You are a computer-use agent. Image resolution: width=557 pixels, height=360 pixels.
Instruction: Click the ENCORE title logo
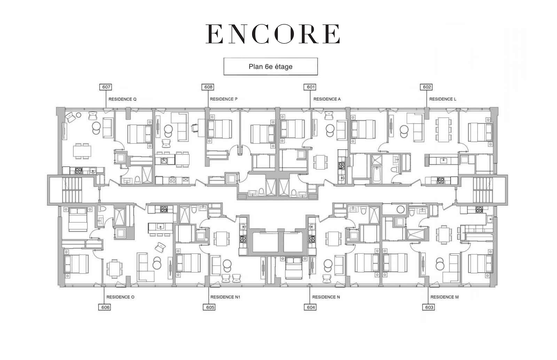[x=273, y=34]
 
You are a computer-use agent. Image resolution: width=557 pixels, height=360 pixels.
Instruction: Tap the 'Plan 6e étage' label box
[x=270, y=66]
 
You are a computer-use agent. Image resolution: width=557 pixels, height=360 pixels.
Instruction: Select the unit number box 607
[x=106, y=87]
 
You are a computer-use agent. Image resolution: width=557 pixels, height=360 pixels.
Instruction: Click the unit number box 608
[x=208, y=87]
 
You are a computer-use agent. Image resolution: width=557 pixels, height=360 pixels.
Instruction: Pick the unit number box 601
[x=310, y=87]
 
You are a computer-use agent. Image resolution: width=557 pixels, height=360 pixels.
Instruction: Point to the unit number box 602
[x=426, y=87]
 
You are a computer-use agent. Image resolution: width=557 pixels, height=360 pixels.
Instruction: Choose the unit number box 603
[x=429, y=307]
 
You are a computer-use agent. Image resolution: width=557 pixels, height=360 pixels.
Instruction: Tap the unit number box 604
[x=310, y=307]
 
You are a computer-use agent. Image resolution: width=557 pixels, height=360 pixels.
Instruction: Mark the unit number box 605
[x=209, y=307]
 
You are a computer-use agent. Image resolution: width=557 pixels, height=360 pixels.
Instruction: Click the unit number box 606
[x=105, y=307]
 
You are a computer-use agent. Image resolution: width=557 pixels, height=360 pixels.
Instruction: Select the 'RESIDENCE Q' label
[x=122, y=99]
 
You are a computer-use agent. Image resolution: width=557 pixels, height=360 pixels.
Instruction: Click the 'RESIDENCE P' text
[x=223, y=99]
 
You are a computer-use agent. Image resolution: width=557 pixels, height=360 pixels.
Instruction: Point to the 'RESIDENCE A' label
[x=327, y=99]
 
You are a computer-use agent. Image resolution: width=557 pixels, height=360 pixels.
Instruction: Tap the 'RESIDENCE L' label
[x=442, y=99]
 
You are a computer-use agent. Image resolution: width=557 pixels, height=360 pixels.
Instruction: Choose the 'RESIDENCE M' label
[x=444, y=297]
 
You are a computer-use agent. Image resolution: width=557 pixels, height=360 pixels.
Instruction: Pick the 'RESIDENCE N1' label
[x=225, y=297]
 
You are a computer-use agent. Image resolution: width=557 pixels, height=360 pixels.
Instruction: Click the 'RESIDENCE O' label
[x=120, y=297]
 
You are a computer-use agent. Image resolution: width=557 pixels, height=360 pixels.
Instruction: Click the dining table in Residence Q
[x=82, y=151]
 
